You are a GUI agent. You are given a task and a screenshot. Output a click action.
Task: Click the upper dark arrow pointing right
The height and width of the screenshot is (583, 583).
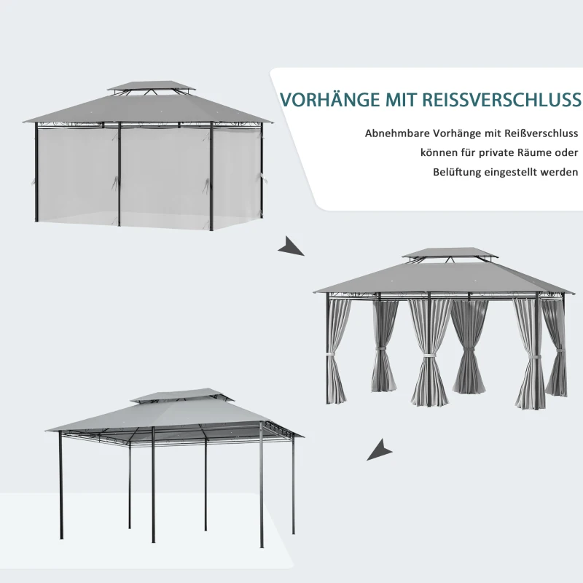291,246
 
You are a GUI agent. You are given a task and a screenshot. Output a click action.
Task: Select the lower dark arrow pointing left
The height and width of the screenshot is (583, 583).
379,450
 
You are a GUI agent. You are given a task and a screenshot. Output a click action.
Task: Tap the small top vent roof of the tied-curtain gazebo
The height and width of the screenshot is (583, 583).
450,253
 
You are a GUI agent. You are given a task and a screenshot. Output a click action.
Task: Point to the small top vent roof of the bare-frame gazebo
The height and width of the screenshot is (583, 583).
182,395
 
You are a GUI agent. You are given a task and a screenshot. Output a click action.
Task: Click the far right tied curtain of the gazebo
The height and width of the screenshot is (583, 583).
555,348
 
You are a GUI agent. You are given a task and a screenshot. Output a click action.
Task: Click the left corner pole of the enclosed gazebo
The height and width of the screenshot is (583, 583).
36,172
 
